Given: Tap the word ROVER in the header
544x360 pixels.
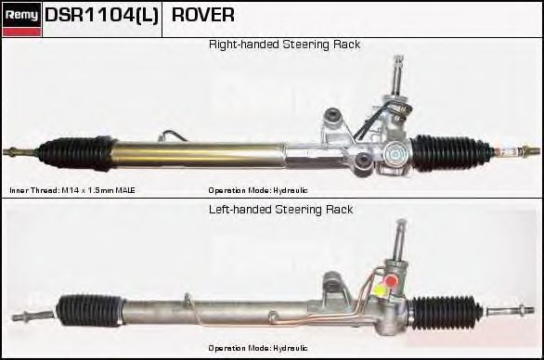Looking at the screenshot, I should click(203, 16).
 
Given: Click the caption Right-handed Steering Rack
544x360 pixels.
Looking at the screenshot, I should click(284, 45).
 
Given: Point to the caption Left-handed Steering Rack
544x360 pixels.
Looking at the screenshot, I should click(280, 210).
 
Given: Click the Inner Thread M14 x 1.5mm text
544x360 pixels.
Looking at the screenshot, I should click(72, 190).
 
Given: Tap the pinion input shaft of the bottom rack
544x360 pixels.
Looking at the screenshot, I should click(400, 237).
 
